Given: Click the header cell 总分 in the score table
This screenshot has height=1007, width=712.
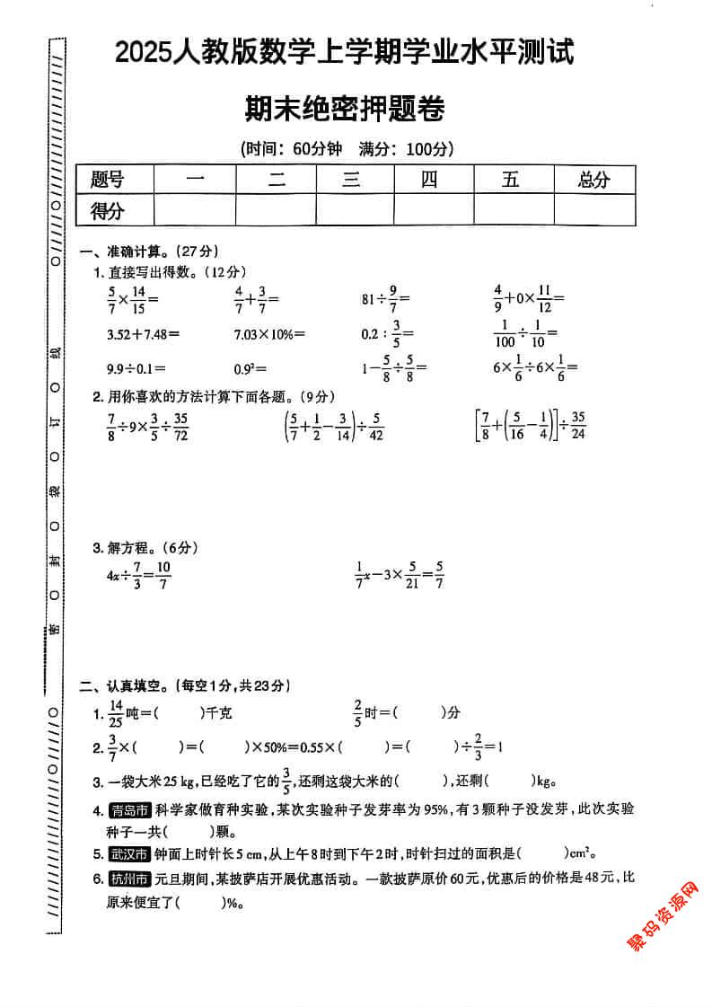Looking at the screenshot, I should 594,180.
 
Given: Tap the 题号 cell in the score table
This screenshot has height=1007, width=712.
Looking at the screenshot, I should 108,180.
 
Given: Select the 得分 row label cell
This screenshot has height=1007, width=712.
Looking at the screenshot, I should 108,211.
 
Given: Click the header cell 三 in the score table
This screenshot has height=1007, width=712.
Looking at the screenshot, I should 351,180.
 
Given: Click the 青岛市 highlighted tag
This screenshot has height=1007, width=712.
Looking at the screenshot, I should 129,809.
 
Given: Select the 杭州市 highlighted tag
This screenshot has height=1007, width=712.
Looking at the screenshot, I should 129,878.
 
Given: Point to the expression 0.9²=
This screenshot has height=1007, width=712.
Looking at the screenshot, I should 251,367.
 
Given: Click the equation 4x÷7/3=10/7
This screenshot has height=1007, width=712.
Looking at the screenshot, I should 138,573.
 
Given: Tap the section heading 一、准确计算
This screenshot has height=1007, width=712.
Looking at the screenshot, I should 149,251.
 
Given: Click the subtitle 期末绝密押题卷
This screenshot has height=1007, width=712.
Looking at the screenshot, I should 345,110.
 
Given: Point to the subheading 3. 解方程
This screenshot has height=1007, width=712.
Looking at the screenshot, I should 144,547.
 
